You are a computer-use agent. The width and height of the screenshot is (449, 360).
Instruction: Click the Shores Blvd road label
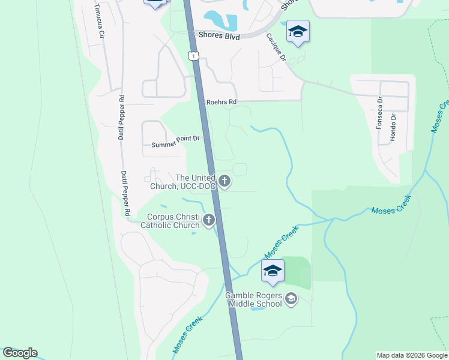click(x=220, y=37)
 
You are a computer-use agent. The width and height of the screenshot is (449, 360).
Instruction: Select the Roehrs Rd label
click(x=221, y=103)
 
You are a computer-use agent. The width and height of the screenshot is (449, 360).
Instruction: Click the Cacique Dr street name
click(x=276, y=47)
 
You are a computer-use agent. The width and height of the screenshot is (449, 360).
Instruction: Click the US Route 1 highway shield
click(x=192, y=56)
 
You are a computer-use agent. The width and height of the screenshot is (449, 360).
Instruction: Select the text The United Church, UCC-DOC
click(x=195, y=182)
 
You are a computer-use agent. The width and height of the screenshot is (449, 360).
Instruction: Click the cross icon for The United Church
click(x=224, y=181)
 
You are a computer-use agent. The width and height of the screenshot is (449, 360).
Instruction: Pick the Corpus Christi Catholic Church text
click(x=170, y=221)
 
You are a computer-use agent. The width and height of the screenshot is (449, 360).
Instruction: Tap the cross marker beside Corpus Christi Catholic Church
click(x=209, y=220)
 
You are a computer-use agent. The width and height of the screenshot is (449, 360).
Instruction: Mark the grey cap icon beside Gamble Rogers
click(x=291, y=298)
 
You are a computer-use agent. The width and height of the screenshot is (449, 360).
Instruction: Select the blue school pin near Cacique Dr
click(x=297, y=32)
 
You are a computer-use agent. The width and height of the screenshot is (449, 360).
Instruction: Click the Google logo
click(x=20, y=353)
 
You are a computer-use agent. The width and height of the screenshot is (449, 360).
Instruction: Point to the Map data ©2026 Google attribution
click(x=412, y=355)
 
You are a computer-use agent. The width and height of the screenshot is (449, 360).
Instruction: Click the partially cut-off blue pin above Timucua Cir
click(x=155, y=3)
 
